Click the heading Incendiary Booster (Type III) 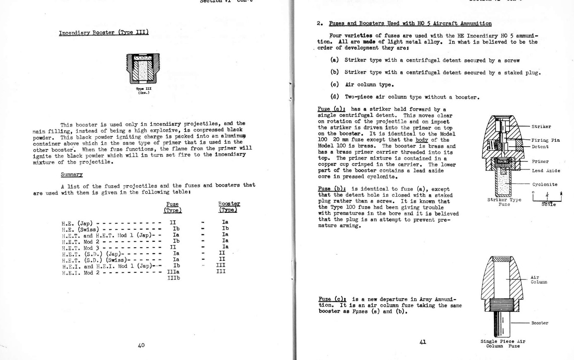[104, 33]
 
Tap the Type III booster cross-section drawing [143, 69]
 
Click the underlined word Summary [72, 175]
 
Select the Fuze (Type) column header [172, 207]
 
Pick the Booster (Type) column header [229, 207]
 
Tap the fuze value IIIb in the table [174, 278]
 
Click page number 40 [141, 345]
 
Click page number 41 [423, 342]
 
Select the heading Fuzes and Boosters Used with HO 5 [410, 24]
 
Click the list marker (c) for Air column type [335, 85]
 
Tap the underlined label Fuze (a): [329, 110]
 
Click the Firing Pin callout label [545, 140]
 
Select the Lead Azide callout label [546, 171]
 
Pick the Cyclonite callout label [545, 184]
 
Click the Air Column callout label [538, 280]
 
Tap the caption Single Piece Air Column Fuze [502, 344]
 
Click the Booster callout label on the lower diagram [540, 323]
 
